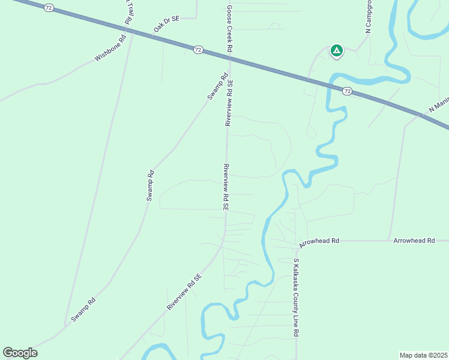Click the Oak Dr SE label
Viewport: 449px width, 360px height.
pos(167,24)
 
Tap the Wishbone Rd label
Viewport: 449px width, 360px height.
pos(110,50)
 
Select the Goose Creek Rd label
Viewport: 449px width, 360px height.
pos(229,29)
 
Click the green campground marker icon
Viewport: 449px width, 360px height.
pos(337,50)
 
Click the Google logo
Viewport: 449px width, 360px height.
pos(20,353)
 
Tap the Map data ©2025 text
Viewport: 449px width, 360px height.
pos(423,355)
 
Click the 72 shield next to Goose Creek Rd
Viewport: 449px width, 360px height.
pos(198,50)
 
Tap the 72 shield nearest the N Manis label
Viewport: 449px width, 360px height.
pos(347,91)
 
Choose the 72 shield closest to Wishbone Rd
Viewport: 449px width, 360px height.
pos(49,7)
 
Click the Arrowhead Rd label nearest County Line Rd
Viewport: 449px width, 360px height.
pos(319,241)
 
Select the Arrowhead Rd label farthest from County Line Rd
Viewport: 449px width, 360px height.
pos(414,241)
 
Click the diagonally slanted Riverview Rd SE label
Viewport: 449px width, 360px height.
pos(184,292)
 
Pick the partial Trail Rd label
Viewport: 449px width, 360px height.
pos(128,12)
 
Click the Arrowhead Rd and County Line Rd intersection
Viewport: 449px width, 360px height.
pos(296,241)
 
